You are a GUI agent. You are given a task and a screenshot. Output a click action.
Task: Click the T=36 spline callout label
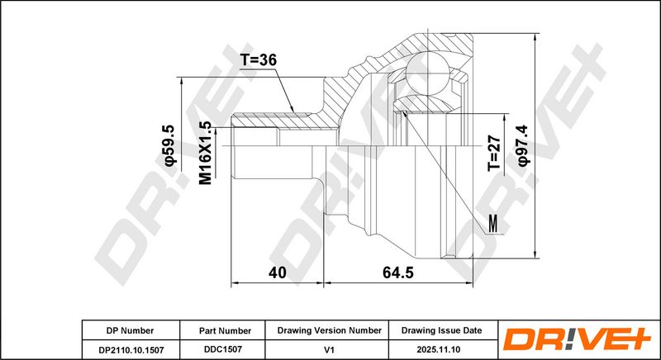tap(259, 60)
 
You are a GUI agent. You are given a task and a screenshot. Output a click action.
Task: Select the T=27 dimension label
tap(494, 154)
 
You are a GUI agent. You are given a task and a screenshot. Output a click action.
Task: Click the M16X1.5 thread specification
tap(205, 153)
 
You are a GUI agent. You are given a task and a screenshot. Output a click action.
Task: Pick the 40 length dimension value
tap(278, 272)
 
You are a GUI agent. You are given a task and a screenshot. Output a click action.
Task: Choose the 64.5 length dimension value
tap(398, 272)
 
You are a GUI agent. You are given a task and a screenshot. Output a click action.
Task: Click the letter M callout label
tap(493, 223)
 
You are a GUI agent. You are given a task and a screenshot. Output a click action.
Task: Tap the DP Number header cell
tap(131, 331)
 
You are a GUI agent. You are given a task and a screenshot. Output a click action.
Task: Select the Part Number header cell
tap(225, 331)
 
